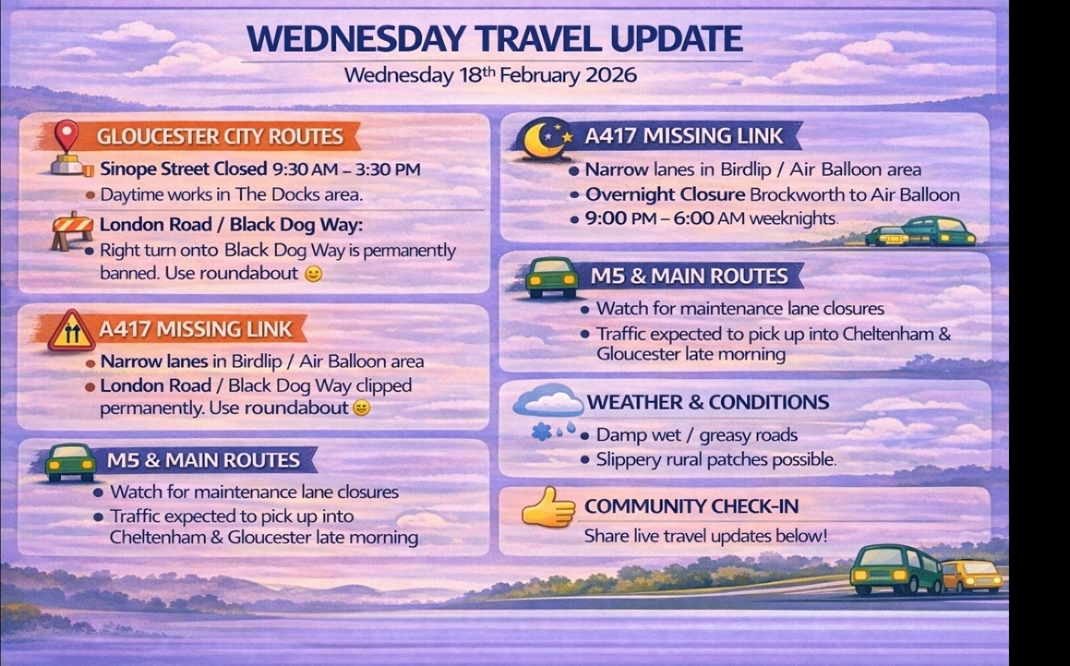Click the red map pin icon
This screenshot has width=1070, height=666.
pos(66,136)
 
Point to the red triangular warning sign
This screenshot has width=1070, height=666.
pos(72,331)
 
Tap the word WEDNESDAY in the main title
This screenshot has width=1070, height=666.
pos(355,39)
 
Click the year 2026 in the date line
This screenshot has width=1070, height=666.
pos(611,75)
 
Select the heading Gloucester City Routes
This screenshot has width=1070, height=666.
pos(220,137)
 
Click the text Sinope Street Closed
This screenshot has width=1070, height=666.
pos(183,169)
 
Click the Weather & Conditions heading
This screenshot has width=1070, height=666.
pos(708,402)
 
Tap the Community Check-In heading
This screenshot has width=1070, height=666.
pos(691,507)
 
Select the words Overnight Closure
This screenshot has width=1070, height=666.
pos(665,195)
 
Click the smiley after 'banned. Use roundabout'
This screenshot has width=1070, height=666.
pos(314,274)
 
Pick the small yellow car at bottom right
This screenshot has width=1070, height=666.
pos(972,575)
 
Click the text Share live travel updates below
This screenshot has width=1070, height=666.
pos(705,536)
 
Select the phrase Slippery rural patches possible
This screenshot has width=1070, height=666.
pos(716,460)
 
